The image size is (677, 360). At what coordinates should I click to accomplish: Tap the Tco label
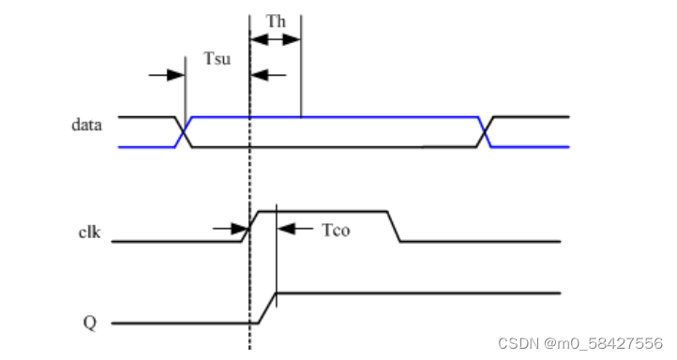[x=336, y=230]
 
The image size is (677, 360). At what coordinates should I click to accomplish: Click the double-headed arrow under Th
[x=276, y=40]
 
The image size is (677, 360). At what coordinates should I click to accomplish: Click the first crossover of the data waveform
[x=185, y=132]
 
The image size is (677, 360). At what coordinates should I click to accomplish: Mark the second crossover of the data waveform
[x=487, y=132]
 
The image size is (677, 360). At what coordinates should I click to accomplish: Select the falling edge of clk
[x=394, y=226]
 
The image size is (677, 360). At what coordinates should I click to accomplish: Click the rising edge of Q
[x=267, y=307]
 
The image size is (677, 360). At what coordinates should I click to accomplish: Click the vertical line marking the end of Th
[x=301, y=75]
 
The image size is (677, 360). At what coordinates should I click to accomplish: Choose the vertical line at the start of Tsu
[x=186, y=94]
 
